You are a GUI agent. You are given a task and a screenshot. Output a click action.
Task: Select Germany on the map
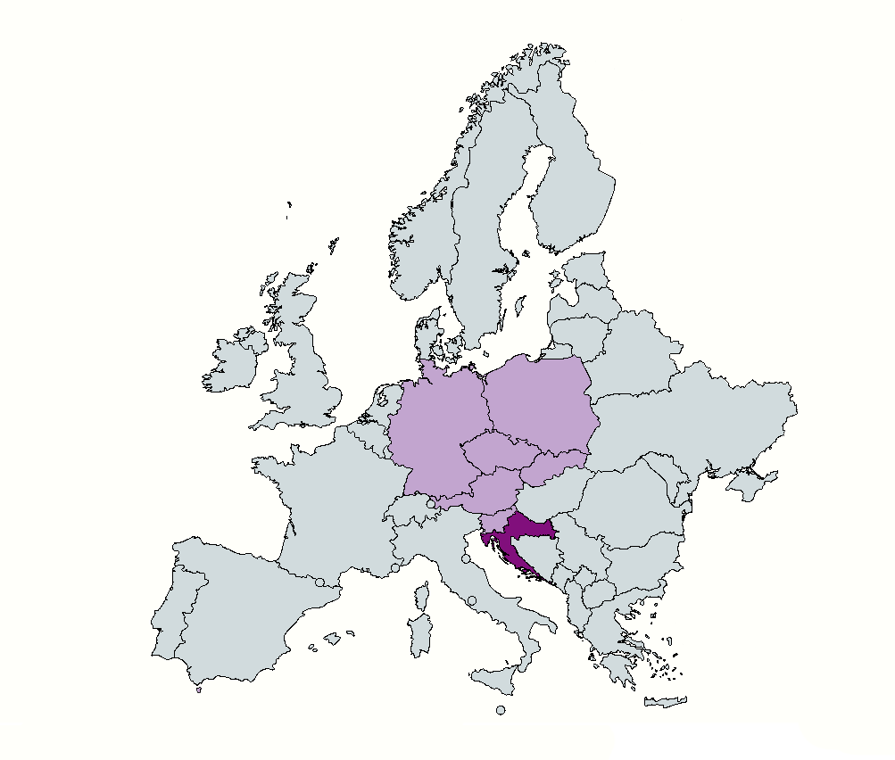(x=437, y=428)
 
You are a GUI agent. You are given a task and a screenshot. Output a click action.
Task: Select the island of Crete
(x=665, y=701)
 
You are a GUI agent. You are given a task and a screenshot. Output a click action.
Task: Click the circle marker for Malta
(x=501, y=710)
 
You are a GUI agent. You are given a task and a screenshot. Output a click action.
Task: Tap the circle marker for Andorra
(x=319, y=582)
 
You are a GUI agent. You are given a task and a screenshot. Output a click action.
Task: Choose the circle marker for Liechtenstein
(x=431, y=504)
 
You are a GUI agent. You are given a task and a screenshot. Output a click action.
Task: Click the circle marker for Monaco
(x=395, y=568)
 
